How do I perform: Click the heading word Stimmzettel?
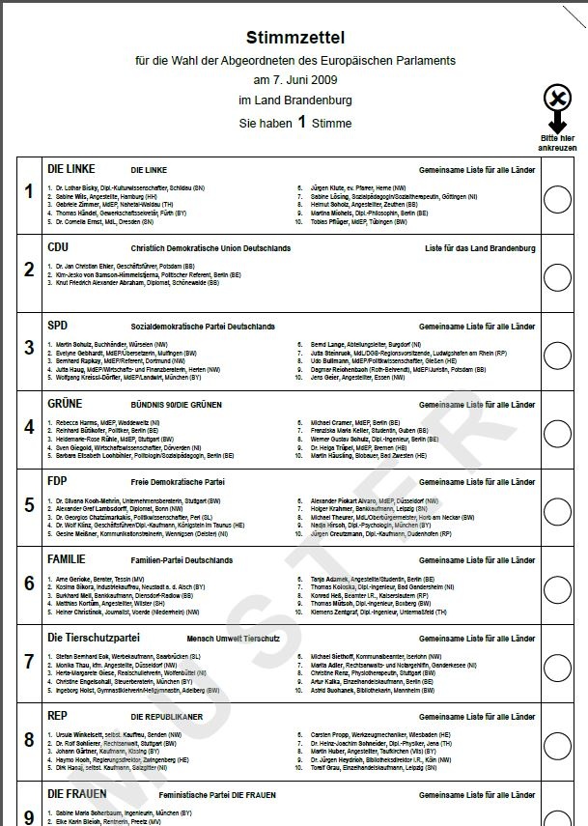tap(295, 38)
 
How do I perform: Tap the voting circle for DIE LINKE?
tap(558, 199)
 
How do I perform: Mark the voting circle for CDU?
tap(558, 277)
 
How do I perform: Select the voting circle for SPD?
tap(558, 356)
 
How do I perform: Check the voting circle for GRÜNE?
tap(558, 434)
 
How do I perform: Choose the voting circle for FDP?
tap(558, 511)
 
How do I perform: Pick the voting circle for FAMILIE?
tap(558, 588)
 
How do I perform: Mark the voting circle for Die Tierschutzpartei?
tap(558, 667)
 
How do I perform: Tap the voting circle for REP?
tap(558, 745)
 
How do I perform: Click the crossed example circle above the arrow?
tap(557, 98)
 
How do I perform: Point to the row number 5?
tap(29, 504)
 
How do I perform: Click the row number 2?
tap(29, 270)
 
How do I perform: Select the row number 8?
tap(29, 739)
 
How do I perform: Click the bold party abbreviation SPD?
tap(58, 326)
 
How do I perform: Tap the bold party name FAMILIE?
tap(67, 559)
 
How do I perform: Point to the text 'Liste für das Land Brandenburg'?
tap(480, 248)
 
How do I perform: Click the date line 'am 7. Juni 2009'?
tap(295, 80)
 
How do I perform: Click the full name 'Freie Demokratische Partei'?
tap(178, 481)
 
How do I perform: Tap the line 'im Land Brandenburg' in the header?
tap(295, 100)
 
